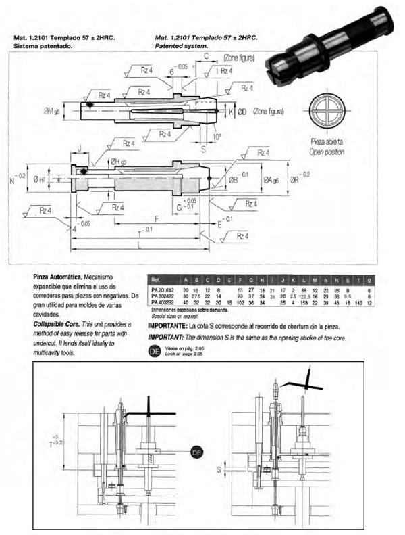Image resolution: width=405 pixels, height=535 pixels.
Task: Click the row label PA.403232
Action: (x=163, y=302)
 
